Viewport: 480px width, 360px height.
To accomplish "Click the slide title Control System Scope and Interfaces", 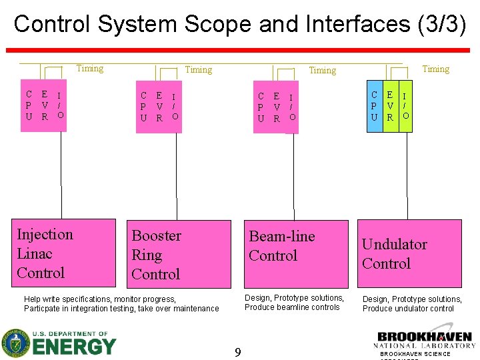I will (x=239, y=24).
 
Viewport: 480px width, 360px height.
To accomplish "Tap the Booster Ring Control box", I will (x=180, y=253).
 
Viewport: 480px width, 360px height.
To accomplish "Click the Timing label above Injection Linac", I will (x=89, y=68).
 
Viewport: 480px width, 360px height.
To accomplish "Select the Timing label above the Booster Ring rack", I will (x=198, y=69).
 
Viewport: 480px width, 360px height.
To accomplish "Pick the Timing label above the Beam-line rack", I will (x=322, y=70).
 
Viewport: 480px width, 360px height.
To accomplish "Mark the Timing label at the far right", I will (x=435, y=69).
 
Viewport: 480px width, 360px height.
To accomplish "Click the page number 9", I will (x=237, y=351).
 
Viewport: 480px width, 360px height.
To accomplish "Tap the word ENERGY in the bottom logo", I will (x=74, y=347).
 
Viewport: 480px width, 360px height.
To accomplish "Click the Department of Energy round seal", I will (x=15, y=343).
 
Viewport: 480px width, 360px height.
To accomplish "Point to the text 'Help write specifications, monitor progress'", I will (x=100, y=299).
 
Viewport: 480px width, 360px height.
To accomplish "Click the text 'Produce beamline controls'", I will (x=292, y=307).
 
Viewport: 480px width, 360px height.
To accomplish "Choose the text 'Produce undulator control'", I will (x=408, y=309).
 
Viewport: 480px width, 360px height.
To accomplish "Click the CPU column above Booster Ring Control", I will (x=143, y=107).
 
